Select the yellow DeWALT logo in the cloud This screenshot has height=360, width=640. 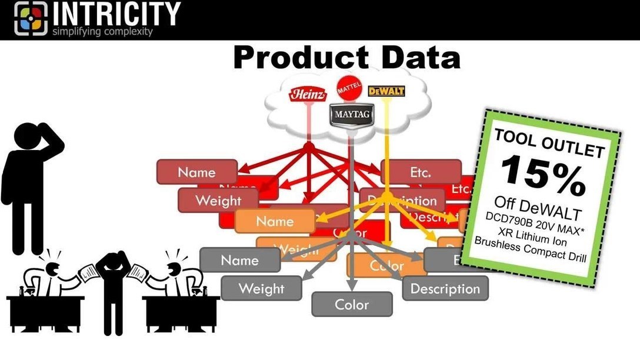pyautogui.click(x=385, y=92)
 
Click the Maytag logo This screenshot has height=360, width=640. pyautogui.click(x=351, y=114)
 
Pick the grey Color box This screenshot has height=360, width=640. pyautogui.click(x=352, y=305)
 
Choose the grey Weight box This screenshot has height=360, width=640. pyautogui.click(x=261, y=289)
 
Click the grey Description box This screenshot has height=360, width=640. pyautogui.click(x=445, y=289)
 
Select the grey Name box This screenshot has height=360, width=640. pyautogui.click(x=239, y=260)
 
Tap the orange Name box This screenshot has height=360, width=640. pyautogui.click(x=275, y=222)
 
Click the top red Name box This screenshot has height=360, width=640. pyautogui.click(x=196, y=172)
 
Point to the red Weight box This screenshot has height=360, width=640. pyautogui.click(x=218, y=201)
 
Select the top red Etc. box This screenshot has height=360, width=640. pyautogui.click(x=421, y=172)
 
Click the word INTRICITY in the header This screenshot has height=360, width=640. pyautogui.click(x=116, y=14)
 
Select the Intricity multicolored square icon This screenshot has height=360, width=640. pyautogui.click(x=31, y=18)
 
